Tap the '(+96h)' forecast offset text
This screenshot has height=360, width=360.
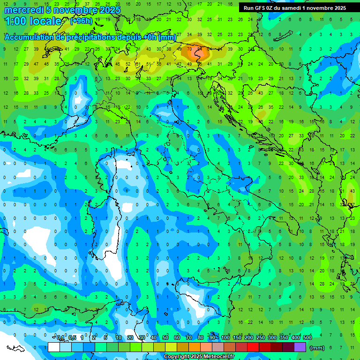pos(81,21)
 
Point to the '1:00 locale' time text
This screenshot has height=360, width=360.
pos(33,21)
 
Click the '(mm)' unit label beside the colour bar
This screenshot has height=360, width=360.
pos(317,347)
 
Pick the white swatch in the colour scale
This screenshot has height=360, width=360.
pos(54,347)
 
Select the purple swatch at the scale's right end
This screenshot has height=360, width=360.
pos(300,347)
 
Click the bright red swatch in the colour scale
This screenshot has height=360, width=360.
pos(253,347)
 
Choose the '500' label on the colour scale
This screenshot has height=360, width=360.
pos(307,338)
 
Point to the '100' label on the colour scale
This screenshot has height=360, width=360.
pos(225,338)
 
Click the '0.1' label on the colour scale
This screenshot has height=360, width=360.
pos(60,338)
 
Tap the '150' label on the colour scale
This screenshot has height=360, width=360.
pos(237,338)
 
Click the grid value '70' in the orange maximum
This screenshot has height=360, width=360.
pos(189,48)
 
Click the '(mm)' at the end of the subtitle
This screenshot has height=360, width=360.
pos(167,37)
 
